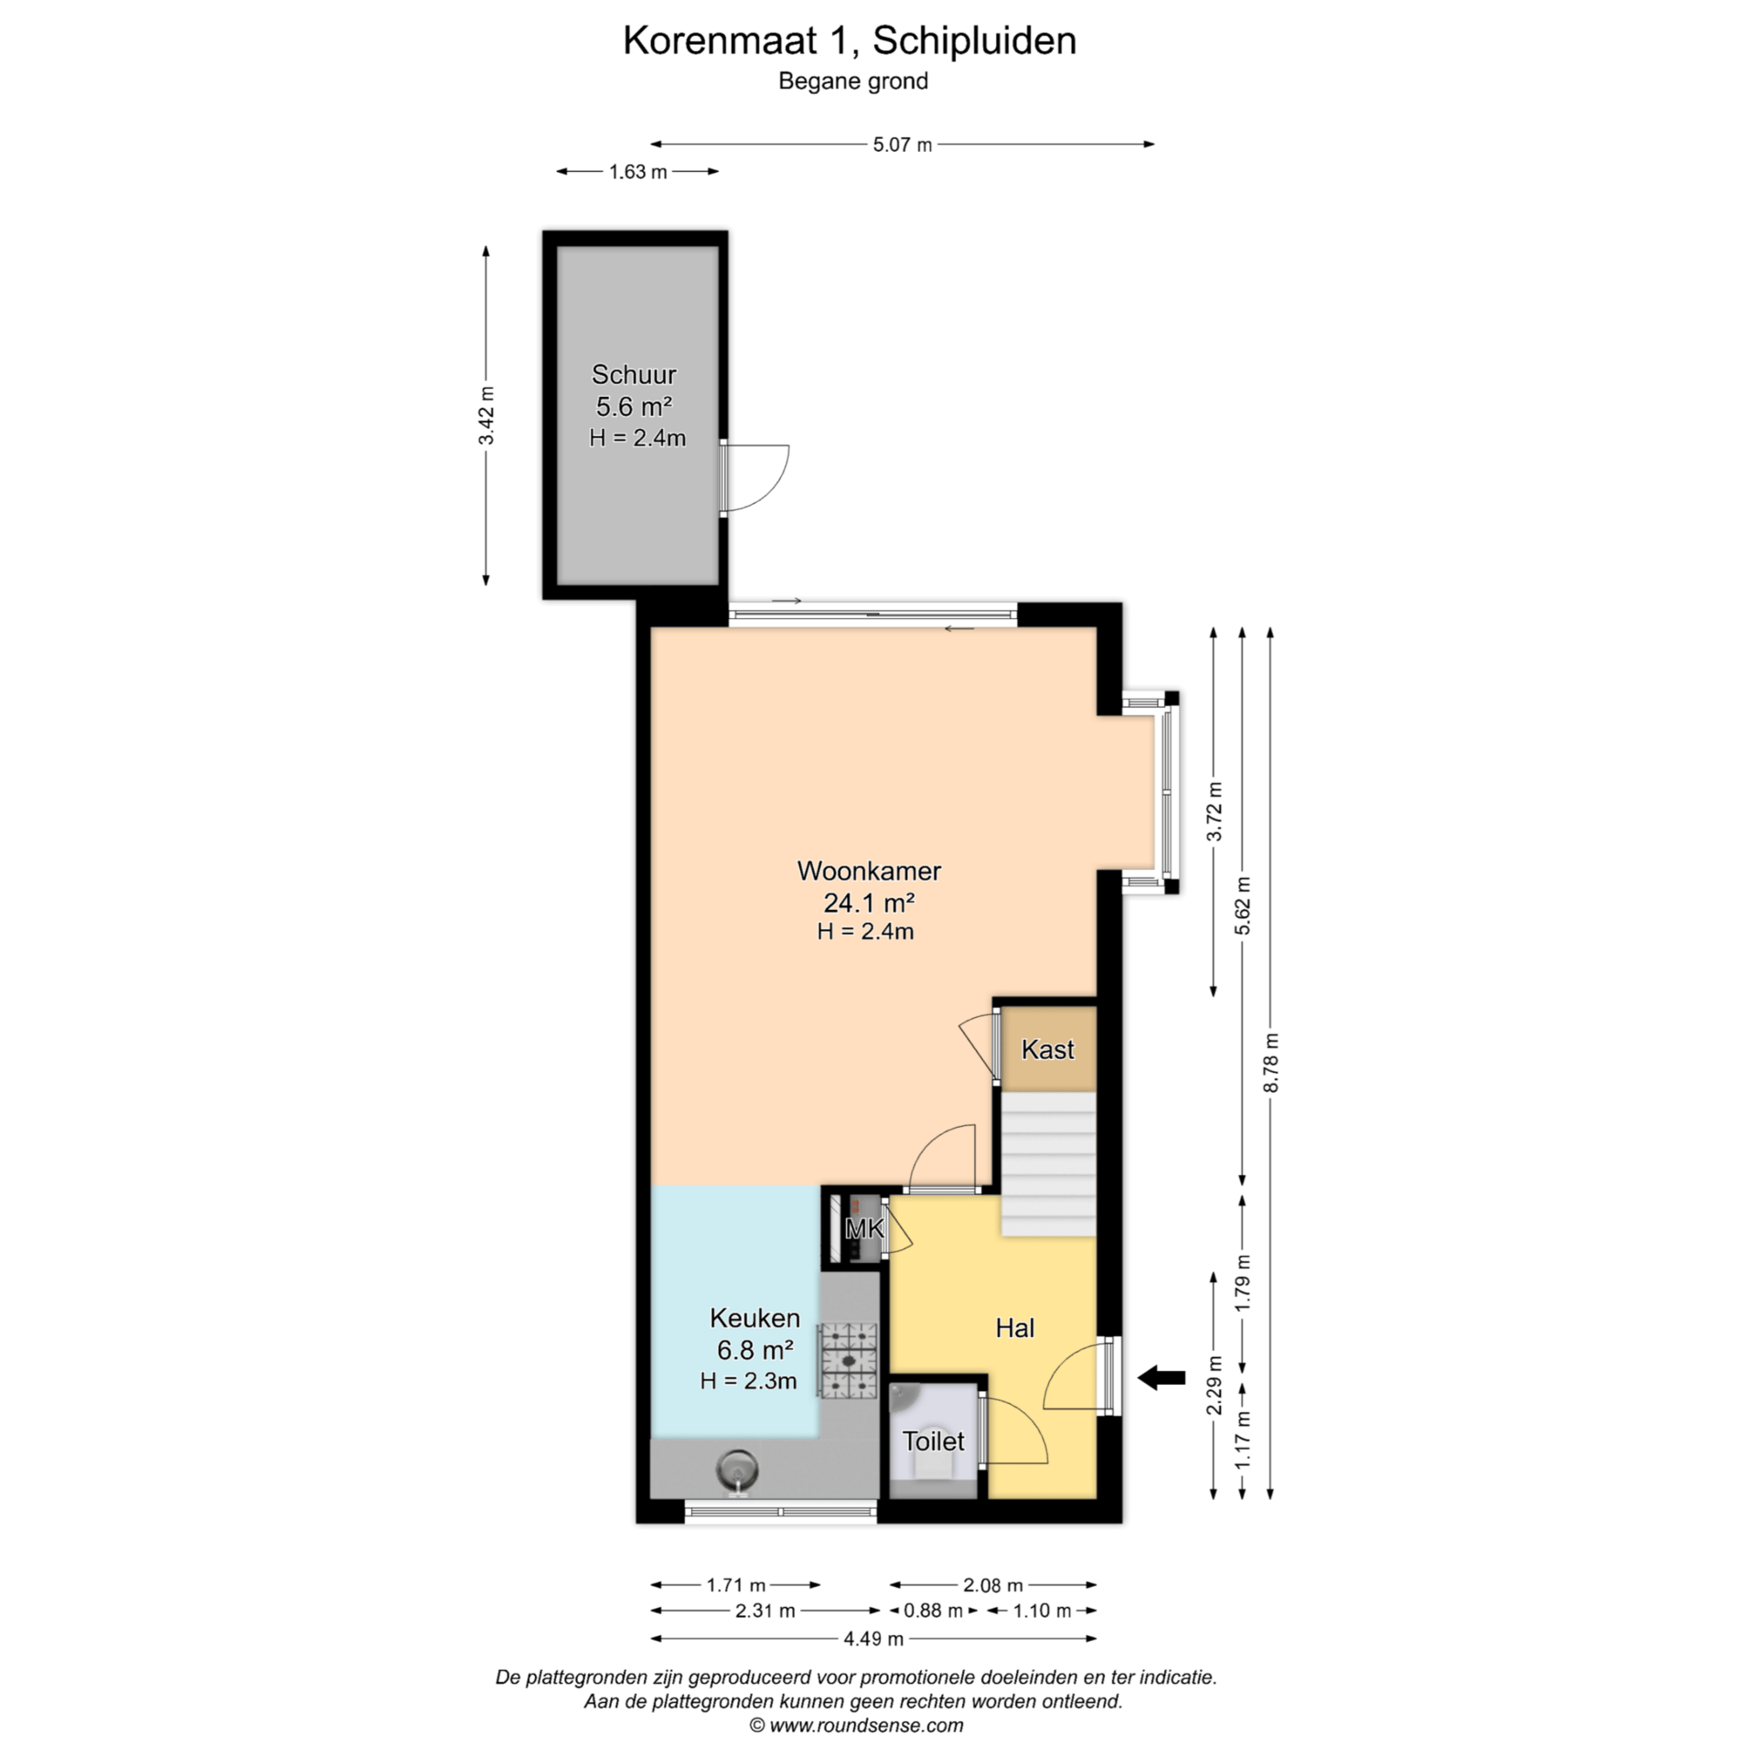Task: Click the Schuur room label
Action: (634, 374)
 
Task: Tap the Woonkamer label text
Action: (869, 871)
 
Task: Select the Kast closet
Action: (1048, 1049)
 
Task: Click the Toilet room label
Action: (933, 1441)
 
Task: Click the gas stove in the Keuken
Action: (849, 1361)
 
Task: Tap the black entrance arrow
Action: (1162, 1376)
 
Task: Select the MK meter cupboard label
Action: (864, 1228)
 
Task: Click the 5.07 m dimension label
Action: (902, 145)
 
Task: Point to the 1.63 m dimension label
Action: (637, 172)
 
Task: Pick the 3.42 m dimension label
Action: (487, 416)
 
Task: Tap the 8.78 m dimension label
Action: (1270, 1063)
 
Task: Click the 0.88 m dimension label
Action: (933, 1611)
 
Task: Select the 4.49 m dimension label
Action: (873, 1639)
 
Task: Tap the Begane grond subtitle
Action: (853, 81)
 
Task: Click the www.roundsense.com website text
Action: (865, 1726)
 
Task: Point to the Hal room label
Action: (1015, 1328)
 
